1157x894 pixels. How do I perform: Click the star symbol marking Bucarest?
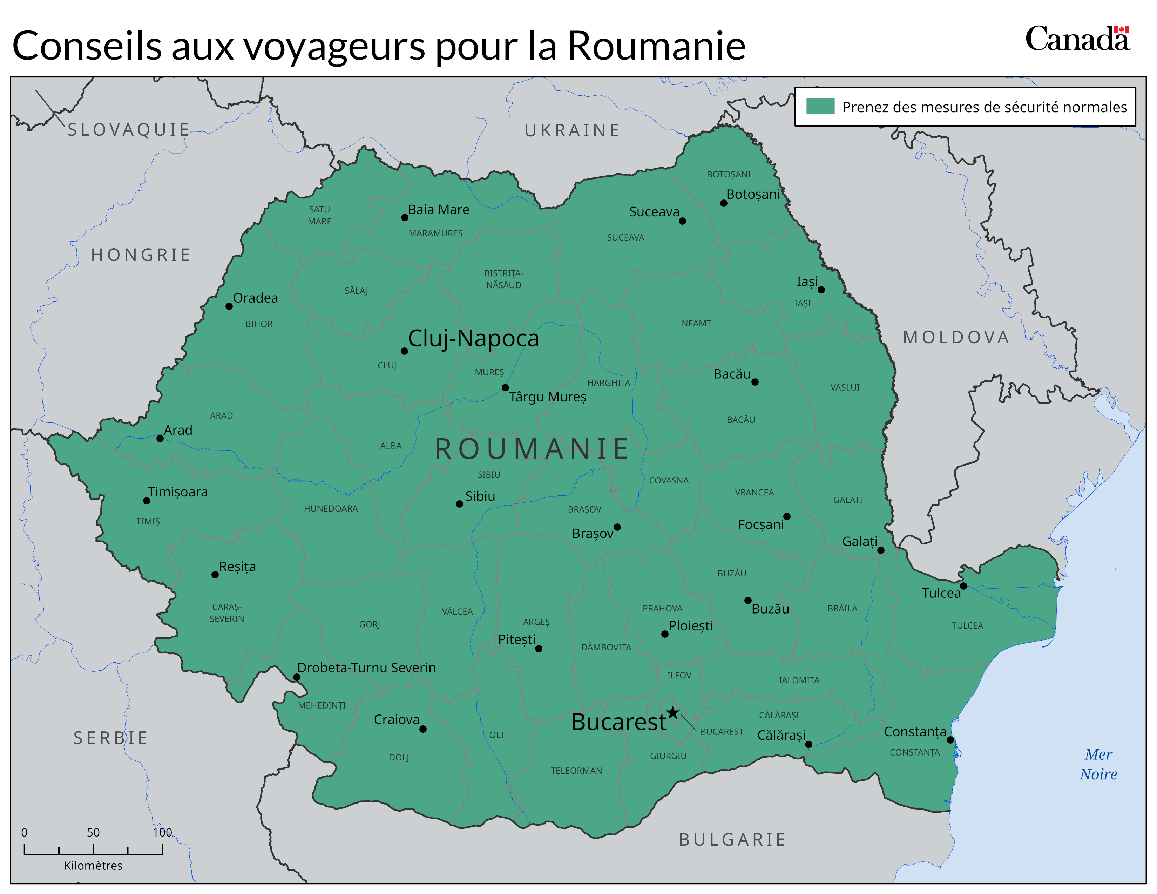pyautogui.click(x=672, y=713)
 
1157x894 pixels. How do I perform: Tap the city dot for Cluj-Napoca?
pyautogui.click(x=404, y=351)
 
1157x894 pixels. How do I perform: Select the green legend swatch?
pyautogui.click(x=820, y=106)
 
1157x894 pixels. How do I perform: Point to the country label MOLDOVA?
pyautogui.click(x=956, y=337)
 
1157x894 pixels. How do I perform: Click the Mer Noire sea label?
pyautogui.click(x=1098, y=764)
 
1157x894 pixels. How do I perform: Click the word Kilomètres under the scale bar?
pyautogui.click(x=93, y=865)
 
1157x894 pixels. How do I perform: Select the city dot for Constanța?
pyautogui.click(x=950, y=740)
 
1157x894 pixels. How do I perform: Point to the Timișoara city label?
pyautogui.click(x=177, y=492)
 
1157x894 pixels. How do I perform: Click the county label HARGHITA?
pyautogui.click(x=609, y=383)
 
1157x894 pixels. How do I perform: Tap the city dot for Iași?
pyautogui.click(x=821, y=290)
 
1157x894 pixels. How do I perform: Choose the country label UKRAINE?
pyautogui.click(x=572, y=130)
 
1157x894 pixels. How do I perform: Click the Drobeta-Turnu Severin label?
pyautogui.click(x=367, y=668)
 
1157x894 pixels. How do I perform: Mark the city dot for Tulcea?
pyautogui.click(x=963, y=586)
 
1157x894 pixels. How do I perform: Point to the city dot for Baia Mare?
pyautogui.click(x=404, y=218)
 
